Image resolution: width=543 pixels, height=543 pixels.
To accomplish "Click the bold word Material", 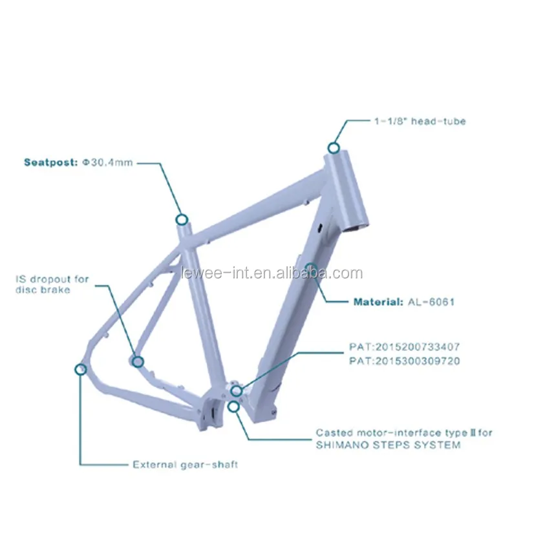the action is pos(377,301).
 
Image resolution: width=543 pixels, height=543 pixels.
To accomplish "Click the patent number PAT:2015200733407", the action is pos(403,346).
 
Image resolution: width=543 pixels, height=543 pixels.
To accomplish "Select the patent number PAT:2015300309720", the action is pos(403,361).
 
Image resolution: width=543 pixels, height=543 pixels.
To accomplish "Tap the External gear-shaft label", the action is pos(185,464).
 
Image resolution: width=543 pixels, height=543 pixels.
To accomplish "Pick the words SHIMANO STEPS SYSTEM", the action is pos(388,445).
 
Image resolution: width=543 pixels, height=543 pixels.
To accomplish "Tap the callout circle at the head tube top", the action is pos(333,147).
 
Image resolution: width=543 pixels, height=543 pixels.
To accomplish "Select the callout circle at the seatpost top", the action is pos(182,219).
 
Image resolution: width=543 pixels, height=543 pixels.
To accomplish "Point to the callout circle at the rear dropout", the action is pos(81,369).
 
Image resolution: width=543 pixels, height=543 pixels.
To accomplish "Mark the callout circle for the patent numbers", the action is pos(236,390).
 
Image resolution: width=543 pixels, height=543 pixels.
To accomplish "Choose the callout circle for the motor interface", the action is pos(233,406).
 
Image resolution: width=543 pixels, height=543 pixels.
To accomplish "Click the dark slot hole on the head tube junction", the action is pos(319,227).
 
